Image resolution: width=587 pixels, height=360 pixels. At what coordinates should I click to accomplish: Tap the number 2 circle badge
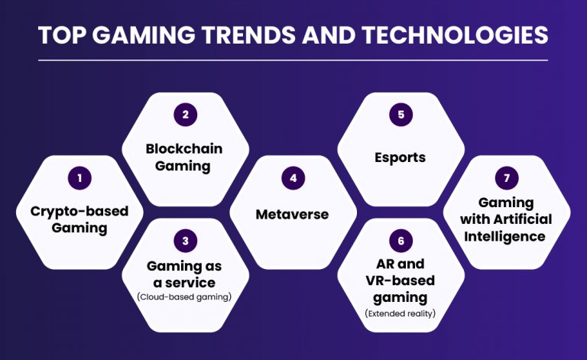(185, 115)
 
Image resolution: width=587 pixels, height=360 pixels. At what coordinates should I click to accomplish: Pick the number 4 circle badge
(292, 178)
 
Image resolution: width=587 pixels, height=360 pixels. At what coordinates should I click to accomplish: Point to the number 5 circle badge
(401, 115)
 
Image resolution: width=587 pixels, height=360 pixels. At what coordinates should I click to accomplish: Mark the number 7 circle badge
(506, 178)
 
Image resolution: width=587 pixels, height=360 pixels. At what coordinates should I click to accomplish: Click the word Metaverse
(292, 214)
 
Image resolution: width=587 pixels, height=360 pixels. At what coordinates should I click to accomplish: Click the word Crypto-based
(79, 211)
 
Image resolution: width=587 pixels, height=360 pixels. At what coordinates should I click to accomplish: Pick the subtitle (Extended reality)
(401, 313)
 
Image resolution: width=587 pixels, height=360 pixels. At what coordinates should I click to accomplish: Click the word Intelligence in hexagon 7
(505, 236)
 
